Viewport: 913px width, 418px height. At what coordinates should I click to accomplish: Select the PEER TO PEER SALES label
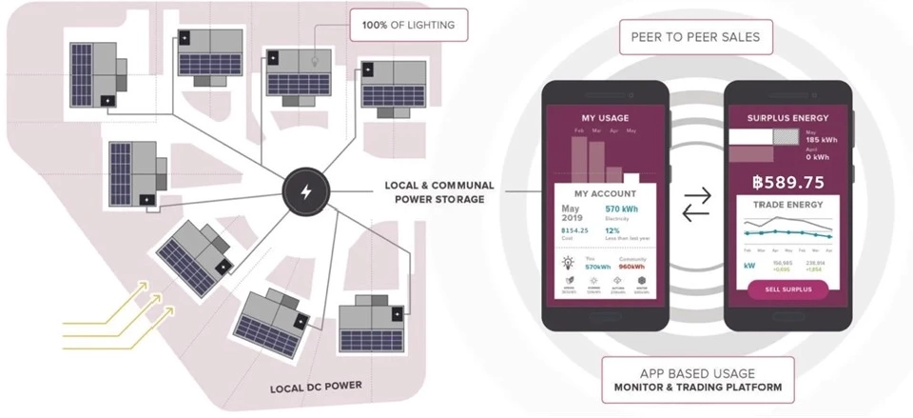pyautogui.click(x=696, y=39)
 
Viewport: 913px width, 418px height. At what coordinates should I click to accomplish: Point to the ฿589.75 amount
pyautogui.click(x=787, y=182)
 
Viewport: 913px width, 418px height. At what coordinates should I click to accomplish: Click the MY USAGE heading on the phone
pyautogui.click(x=605, y=118)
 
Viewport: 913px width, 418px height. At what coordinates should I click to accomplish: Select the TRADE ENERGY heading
pyautogui.click(x=787, y=204)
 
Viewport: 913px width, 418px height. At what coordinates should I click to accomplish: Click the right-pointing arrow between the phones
pyautogui.click(x=697, y=194)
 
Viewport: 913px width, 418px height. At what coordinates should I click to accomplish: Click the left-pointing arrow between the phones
pyautogui.click(x=697, y=214)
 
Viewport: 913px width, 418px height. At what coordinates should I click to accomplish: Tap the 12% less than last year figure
pyautogui.click(x=613, y=230)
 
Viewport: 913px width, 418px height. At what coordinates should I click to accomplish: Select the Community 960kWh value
pyautogui.click(x=632, y=266)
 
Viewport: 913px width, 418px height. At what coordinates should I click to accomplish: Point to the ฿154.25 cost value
pyautogui.click(x=575, y=230)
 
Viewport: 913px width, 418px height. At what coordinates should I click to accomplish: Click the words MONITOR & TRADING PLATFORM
pyautogui.click(x=697, y=388)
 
